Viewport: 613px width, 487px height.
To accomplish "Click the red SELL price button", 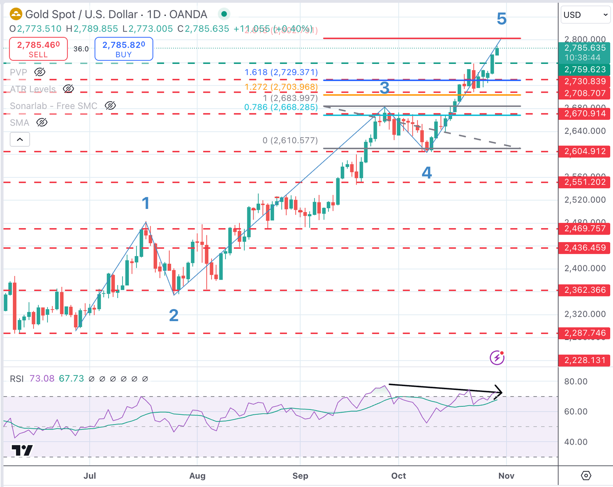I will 38,49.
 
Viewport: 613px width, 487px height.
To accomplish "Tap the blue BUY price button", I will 124,49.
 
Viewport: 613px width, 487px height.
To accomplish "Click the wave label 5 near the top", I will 502,19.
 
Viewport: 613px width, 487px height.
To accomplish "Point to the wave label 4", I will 427,173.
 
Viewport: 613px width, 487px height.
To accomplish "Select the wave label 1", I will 146,203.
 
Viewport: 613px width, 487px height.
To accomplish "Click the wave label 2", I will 174,316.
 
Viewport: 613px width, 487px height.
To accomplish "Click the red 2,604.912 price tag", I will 585,151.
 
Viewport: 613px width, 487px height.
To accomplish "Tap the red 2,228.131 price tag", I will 585,360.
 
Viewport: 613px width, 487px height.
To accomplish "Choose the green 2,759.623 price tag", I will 585,70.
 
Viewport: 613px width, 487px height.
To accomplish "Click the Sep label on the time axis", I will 300,476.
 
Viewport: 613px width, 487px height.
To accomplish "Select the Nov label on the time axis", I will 506,476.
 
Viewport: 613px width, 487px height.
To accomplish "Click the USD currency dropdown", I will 585,15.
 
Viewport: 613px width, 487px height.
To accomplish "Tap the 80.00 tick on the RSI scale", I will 575,382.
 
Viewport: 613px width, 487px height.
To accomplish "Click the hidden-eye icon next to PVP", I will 40,72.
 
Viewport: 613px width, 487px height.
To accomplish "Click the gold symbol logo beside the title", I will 16,14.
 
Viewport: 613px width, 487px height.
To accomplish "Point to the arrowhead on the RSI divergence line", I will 499,392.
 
